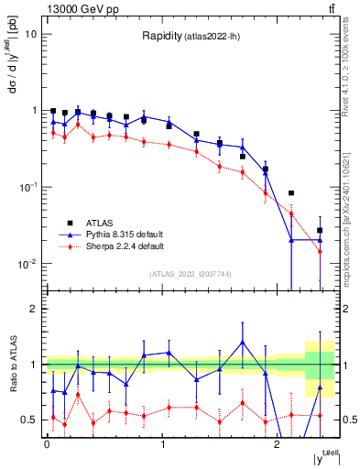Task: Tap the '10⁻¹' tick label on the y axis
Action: pos(28,187)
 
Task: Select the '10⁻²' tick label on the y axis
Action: pos(28,264)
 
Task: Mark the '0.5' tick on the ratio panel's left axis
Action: pos(31,420)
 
